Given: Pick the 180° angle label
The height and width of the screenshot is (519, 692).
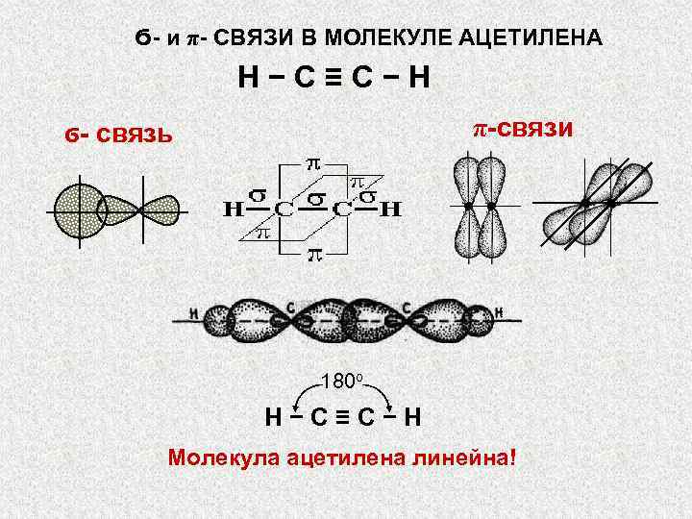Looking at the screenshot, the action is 340,381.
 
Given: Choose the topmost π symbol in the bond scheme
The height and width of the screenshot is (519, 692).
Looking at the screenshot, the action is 312,162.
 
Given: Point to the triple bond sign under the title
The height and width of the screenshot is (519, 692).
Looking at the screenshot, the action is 332,77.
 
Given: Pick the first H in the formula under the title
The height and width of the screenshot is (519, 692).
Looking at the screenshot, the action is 252,77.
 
